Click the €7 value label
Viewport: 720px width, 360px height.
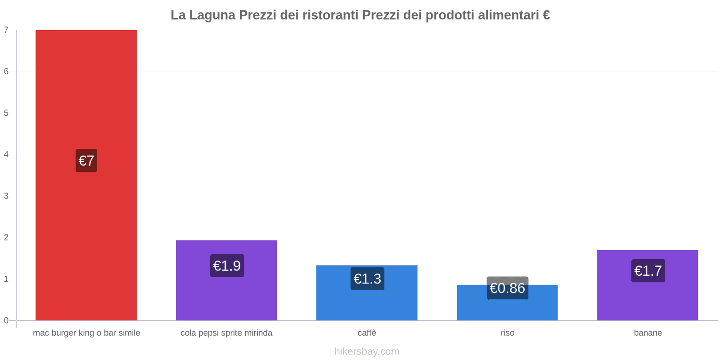pyautogui.click(x=86, y=161)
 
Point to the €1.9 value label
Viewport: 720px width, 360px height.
pyautogui.click(x=227, y=266)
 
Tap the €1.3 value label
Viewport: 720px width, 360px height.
pyautogui.click(x=367, y=279)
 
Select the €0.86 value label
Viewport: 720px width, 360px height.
pyautogui.click(x=507, y=288)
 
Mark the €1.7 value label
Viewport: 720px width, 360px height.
pyautogui.click(x=648, y=271)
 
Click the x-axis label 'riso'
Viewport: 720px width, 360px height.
pyautogui.click(x=508, y=333)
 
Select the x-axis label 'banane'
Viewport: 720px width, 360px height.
pyautogui.click(x=648, y=333)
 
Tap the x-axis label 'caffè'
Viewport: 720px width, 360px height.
pyautogui.click(x=367, y=333)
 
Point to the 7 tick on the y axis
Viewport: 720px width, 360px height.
pyautogui.click(x=6, y=30)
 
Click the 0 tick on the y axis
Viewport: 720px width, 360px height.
pyautogui.click(x=6, y=320)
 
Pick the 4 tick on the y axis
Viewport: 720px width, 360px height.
pyautogui.click(x=6, y=154)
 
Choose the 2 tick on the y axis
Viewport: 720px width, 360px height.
pyautogui.click(x=6, y=238)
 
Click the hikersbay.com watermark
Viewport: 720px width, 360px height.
pyautogui.click(x=367, y=351)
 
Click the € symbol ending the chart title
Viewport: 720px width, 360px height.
pyautogui.click(x=546, y=15)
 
